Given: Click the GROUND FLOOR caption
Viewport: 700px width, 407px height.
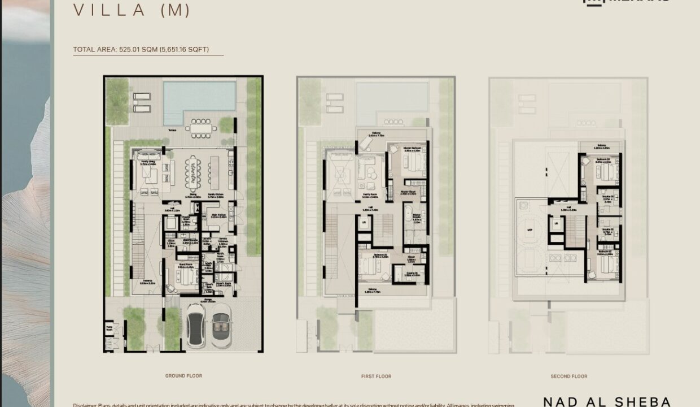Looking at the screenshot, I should point(183,375).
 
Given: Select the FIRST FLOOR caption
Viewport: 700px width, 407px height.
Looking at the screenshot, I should point(376,376).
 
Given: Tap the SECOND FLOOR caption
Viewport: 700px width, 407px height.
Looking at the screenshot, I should point(568,376).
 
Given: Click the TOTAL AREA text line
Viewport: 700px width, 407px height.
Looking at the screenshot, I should point(141,50).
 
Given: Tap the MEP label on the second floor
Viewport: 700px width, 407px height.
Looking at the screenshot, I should point(529,230).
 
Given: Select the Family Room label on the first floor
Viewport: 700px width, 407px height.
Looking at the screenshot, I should point(370,196).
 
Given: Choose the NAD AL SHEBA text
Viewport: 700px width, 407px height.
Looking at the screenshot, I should point(607,401).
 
